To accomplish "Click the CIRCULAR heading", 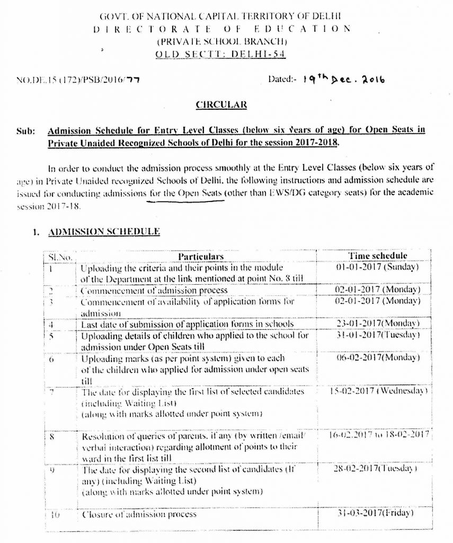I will click(221, 105).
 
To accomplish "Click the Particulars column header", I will click(197, 257).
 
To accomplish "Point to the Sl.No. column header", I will click(56, 257).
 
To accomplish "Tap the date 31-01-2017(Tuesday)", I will click(378, 335).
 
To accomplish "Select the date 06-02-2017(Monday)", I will click(378, 358).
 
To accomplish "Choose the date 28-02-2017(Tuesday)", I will click(378, 470).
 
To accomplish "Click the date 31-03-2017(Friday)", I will click(378, 513).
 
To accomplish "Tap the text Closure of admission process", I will click(139, 514).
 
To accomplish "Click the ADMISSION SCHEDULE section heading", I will click(104, 232).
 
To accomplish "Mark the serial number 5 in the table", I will click(51, 335).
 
